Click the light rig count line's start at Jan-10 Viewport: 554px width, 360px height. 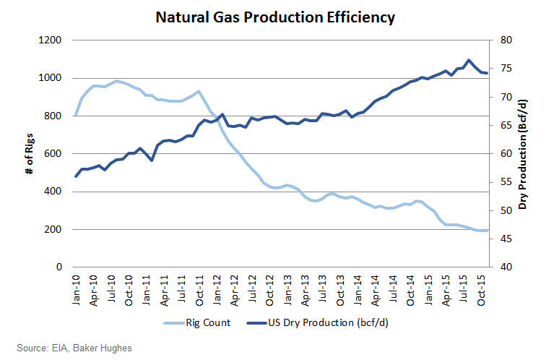[77, 114]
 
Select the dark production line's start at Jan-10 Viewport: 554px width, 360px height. [77, 176]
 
